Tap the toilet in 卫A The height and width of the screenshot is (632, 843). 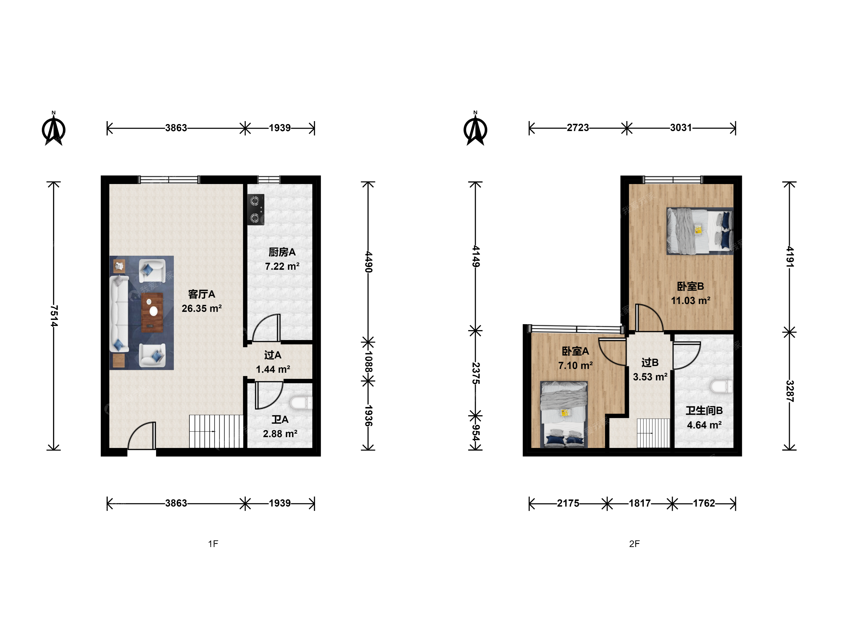pyautogui.click(x=301, y=403)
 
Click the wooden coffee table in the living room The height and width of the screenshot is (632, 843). pyautogui.click(x=153, y=312)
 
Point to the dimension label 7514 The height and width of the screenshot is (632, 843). pyautogui.click(x=54, y=316)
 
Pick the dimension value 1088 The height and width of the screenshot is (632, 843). pyautogui.click(x=368, y=362)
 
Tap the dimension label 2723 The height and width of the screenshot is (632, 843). pyautogui.click(x=578, y=128)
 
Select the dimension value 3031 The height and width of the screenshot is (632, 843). pyautogui.click(x=681, y=128)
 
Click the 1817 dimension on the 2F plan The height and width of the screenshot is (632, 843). pyautogui.click(x=640, y=503)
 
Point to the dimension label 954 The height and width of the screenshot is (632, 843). pyautogui.click(x=476, y=432)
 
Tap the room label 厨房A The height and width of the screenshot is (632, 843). pyautogui.click(x=282, y=252)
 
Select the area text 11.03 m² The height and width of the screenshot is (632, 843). pyautogui.click(x=690, y=300)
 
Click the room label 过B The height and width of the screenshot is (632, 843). pyautogui.click(x=650, y=362)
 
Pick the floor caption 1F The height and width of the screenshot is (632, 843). pyautogui.click(x=213, y=544)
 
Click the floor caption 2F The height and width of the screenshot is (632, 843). pyautogui.click(x=634, y=544)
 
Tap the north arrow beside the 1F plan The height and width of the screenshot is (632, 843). pyautogui.click(x=54, y=129)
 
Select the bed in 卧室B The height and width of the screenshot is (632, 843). pyautogui.click(x=700, y=231)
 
